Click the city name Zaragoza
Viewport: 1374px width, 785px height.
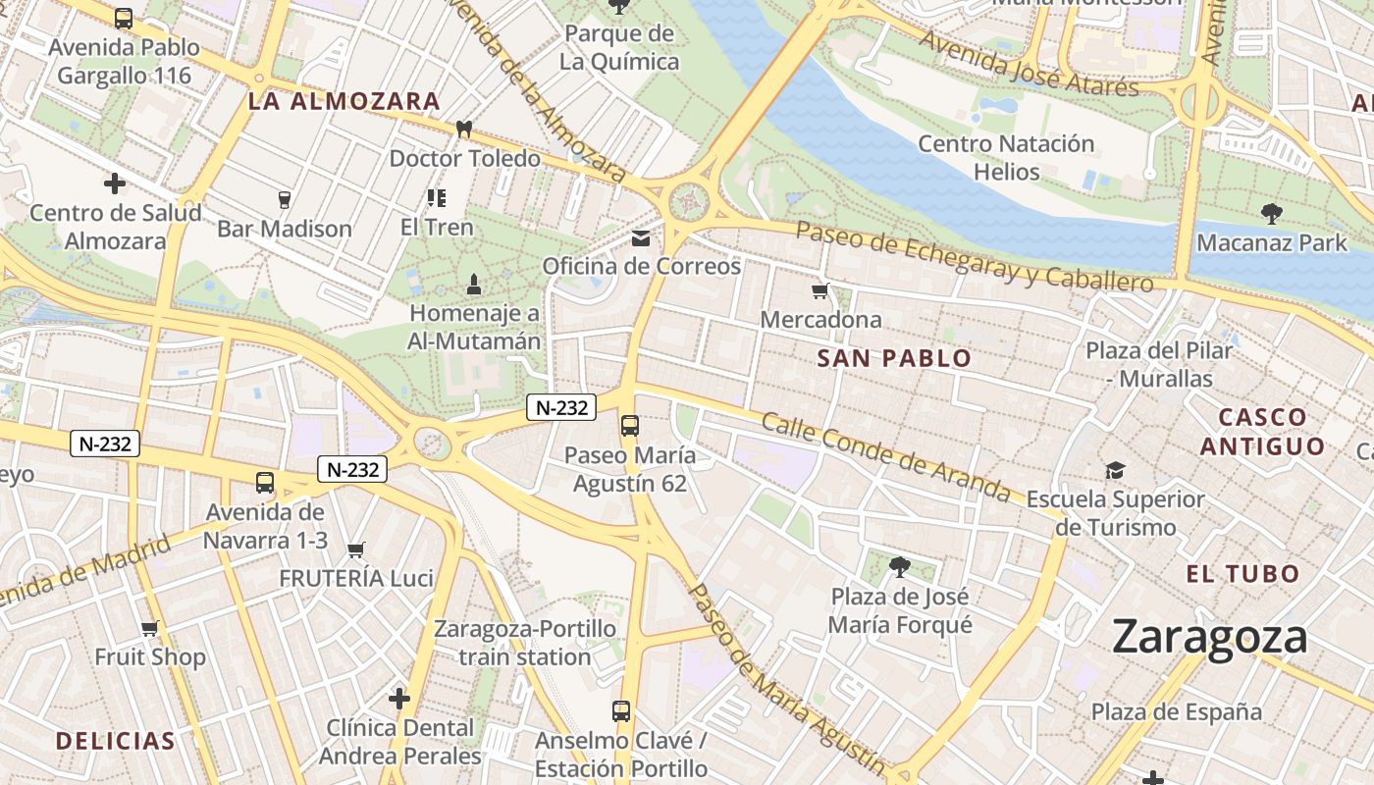(1210, 638)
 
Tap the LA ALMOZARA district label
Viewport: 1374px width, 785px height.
(343, 101)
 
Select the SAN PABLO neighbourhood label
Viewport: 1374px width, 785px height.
(894, 358)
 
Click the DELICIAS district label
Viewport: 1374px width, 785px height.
(116, 741)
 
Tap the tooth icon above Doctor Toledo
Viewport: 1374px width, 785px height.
(464, 130)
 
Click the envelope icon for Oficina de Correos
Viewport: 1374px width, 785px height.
(641, 238)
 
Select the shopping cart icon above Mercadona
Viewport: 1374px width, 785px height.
(820, 290)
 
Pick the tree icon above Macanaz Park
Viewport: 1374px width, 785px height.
(1272, 213)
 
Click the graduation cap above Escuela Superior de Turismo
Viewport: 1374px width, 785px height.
(1115, 470)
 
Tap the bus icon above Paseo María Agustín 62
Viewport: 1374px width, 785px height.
(630, 426)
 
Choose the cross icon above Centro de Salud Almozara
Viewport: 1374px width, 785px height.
(115, 183)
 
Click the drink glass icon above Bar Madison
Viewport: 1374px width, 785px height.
(285, 200)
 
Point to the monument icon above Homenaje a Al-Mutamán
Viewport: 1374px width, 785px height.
(474, 286)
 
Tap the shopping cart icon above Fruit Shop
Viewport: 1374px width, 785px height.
(149, 628)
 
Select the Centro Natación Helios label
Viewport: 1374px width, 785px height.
(1006, 157)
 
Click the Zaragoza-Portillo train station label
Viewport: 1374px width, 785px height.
(525, 643)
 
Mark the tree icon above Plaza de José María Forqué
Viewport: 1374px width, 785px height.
(899, 566)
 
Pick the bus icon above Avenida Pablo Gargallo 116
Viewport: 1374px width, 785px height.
(124, 19)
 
